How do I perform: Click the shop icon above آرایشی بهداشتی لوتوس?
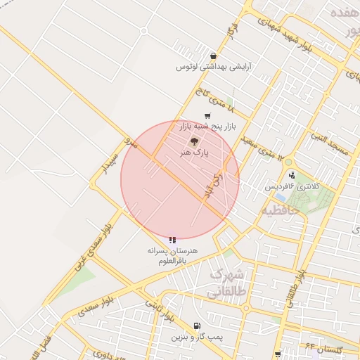(x=213, y=56)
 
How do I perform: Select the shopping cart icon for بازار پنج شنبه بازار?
(x=207, y=116)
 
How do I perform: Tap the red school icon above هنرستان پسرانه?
(x=173, y=240)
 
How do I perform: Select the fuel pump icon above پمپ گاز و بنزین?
(x=195, y=326)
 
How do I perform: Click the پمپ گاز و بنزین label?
(x=196, y=337)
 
